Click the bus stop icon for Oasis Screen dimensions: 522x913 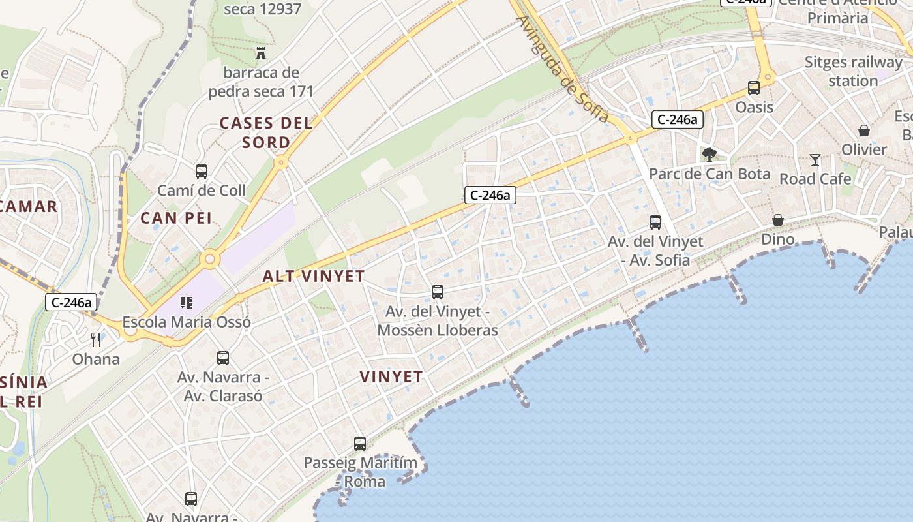point(754,88)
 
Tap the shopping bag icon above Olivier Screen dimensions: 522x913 point(864,130)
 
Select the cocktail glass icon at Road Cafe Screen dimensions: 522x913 point(815,160)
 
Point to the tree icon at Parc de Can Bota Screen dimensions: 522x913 point(710,155)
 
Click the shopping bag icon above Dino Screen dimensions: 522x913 point(778,220)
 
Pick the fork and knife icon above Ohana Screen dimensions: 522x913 point(96,339)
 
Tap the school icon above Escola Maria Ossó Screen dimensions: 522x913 point(187,302)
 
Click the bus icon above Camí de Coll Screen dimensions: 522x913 point(202,172)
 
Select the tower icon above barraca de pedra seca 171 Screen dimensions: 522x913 point(261,53)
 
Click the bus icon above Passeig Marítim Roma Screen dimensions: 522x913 point(360,444)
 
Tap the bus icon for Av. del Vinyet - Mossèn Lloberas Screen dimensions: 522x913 point(438,292)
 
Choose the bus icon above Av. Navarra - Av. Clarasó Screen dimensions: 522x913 point(223,358)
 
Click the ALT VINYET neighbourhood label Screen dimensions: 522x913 point(314,276)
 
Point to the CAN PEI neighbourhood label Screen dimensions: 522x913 point(176,218)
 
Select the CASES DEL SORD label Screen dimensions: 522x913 point(266,132)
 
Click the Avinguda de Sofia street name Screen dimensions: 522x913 point(563,69)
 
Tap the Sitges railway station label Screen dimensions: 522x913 point(853,71)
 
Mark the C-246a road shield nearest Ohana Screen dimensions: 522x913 point(72,302)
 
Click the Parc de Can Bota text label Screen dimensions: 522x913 point(710,174)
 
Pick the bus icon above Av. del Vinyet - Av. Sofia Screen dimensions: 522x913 point(655,223)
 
